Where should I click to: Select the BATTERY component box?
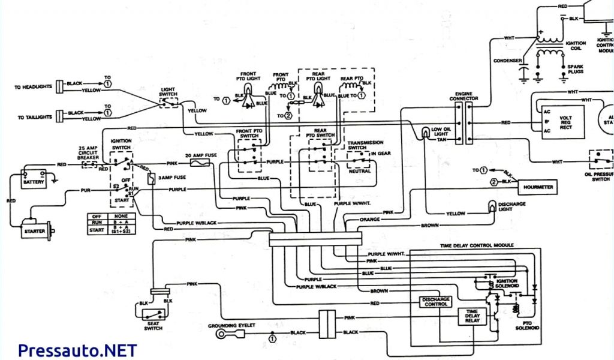click(x=34, y=181)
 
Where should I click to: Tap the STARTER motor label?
click(x=35, y=230)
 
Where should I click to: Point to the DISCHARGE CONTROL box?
click(x=436, y=302)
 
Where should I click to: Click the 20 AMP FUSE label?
click(x=202, y=154)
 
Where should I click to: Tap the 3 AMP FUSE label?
click(x=170, y=178)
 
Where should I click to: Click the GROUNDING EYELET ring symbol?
click(x=222, y=334)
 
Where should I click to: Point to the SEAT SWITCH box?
click(x=158, y=314)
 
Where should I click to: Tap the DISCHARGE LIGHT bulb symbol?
click(x=492, y=207)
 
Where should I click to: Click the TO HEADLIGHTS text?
click(x=33, y=87)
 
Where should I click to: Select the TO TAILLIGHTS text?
click(x=33, y=116)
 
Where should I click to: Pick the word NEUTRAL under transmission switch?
click(x=359, y=171)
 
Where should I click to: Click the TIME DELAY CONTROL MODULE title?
click(x=472, y=246)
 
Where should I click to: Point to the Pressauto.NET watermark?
click(x=77, y=350)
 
